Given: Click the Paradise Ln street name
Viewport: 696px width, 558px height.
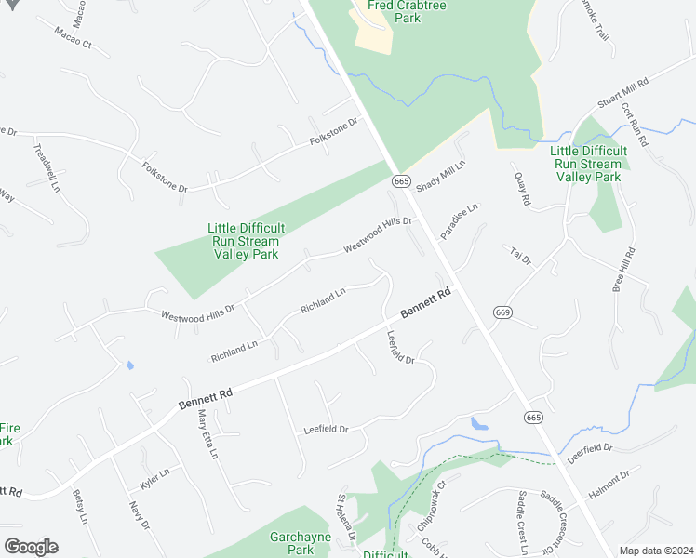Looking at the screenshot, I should click(x=459, y=221).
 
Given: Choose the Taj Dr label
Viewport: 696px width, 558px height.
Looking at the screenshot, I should click(x=519, y=255).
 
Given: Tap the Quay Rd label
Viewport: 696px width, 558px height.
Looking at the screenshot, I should click(x=522, y=189).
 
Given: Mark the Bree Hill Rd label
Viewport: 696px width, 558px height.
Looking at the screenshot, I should click(x=623, y=270).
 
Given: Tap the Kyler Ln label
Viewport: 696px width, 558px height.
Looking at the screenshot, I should click(x=154, y=478).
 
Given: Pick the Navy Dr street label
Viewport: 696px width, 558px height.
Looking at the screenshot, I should click(x=139, y=515).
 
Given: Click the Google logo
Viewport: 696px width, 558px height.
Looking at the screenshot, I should click(x=31, y=547).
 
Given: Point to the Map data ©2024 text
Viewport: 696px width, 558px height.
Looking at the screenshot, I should click(x=656, y=551).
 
